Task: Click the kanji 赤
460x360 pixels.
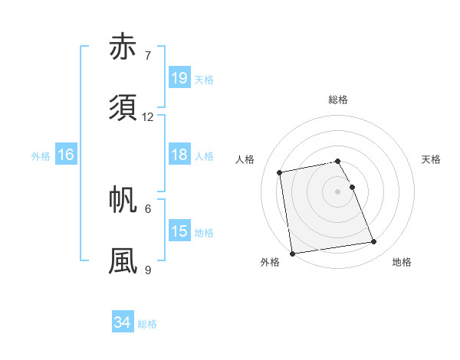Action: click(125, 47)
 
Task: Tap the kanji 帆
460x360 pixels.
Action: click(125, 199)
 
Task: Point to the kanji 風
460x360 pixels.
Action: click(125, 260)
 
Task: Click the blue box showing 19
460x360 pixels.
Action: click(179, 78)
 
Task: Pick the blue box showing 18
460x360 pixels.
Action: click(179, 155)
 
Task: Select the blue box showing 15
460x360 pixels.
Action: click(179, 231)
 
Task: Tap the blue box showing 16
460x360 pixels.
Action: click(66, 155)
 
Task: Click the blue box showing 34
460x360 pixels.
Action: click(122, 322)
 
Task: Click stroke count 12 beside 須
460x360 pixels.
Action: click(148, 117)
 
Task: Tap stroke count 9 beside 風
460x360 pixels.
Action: click(147, 270)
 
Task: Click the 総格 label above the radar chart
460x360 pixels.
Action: click(338, 100)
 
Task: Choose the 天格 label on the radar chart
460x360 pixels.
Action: click(432, 159)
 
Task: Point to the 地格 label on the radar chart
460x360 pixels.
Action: click(402, 263)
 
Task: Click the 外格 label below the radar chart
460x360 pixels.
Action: click(270, 263)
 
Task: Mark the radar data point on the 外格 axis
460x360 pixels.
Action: click(292, 254)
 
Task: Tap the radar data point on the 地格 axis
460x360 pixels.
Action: click(374, 243)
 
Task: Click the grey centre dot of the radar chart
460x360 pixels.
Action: click(338, 191)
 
